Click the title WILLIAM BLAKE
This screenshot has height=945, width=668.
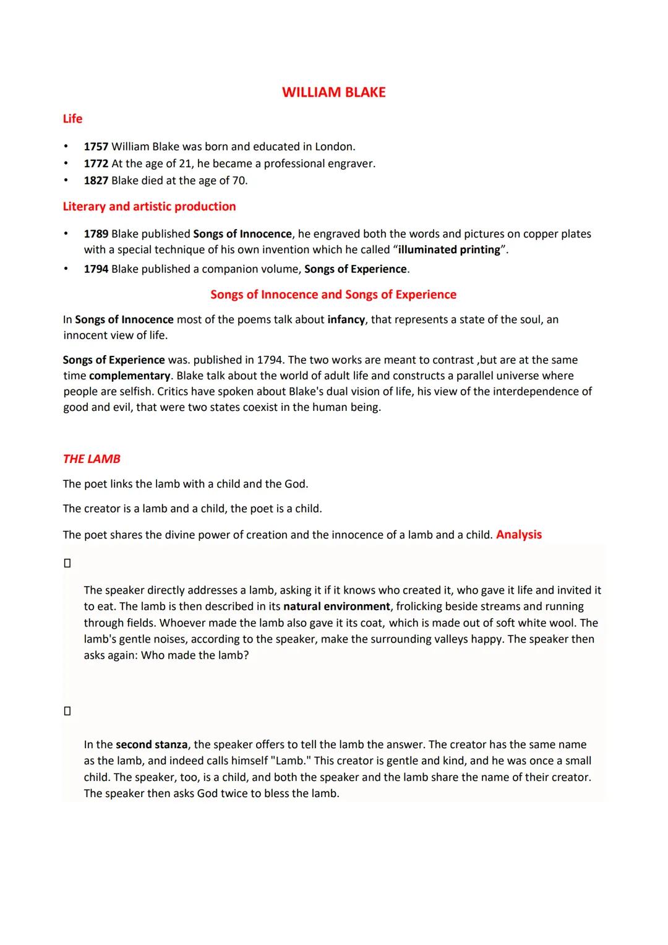coord(333,92)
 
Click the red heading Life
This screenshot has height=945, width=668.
coord(72,119)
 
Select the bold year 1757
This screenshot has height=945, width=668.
coord(96,147)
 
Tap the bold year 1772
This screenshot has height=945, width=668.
coord(96,163)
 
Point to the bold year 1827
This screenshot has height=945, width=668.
coord(96,181)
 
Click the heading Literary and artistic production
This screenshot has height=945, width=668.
coord(149,207)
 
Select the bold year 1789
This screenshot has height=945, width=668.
coord(96,234)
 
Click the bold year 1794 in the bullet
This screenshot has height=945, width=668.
coord(96,269)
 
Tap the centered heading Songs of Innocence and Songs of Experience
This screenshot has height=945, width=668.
coord(333,295)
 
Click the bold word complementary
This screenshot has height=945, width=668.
coord(129,376)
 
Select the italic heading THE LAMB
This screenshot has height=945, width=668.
coord(92,459)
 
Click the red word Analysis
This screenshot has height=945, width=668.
coord(519,535)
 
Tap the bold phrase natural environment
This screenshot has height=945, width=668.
coord(336,606)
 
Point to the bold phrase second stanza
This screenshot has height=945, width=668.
coord(151,744)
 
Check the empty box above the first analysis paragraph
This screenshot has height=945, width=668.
coord(67,563)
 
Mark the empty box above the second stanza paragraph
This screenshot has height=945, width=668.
coord(67,711)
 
